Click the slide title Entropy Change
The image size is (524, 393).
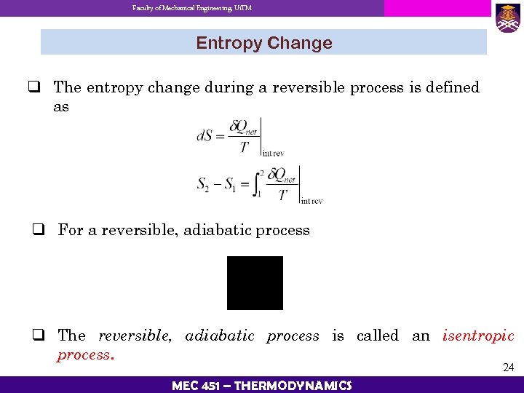click(263, 43)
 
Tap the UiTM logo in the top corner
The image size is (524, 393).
click(507, 17)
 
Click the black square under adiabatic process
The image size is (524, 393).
click(255, 283)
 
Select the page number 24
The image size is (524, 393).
click(508, 368)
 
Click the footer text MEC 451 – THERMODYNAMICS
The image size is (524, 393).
click(262, 385)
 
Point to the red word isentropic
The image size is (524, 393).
click(478, 336)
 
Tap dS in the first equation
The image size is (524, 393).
click(205, 135)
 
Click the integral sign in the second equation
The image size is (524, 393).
click(257, 183)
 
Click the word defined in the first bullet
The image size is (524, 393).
click(453, 87)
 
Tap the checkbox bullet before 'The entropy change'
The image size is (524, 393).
click(33, 88)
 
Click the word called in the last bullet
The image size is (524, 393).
click(378, 336)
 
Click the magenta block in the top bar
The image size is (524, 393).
click(437, 8)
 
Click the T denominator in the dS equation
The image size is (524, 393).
click(245, 147)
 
